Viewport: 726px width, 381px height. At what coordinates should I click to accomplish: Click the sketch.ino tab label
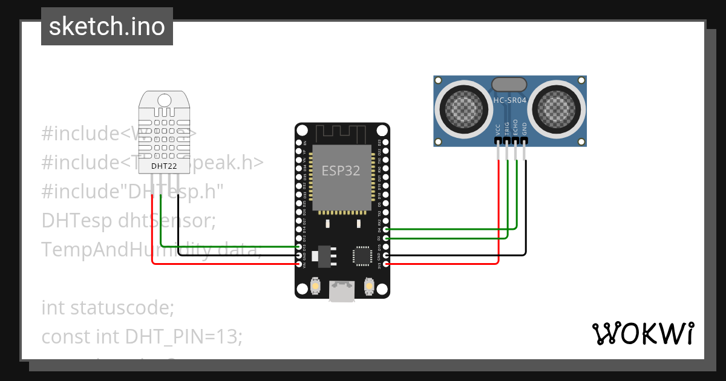107,27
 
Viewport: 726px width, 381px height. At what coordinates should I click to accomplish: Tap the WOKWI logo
642,333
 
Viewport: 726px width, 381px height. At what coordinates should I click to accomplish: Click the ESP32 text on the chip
341,171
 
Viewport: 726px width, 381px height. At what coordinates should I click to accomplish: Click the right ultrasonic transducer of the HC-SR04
556,109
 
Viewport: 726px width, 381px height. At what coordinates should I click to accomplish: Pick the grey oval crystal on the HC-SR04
509,85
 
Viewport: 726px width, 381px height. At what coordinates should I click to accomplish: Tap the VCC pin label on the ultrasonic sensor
498,129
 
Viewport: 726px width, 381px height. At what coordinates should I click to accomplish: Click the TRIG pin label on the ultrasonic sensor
507,128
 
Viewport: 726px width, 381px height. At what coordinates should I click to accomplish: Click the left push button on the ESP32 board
315,285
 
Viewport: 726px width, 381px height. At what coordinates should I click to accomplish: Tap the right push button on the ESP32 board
369,285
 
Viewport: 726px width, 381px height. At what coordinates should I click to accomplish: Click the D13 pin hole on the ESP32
299,247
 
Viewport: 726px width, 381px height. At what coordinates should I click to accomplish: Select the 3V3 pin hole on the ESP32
386,264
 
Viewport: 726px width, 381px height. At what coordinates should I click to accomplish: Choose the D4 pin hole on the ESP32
386,229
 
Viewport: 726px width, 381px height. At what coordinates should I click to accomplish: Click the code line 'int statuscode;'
108,308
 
